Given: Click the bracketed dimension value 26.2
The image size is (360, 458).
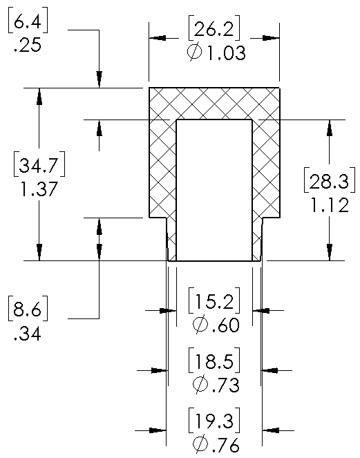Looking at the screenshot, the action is [x=214, y=28].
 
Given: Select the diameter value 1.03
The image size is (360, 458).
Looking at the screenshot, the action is [x=227, y=53].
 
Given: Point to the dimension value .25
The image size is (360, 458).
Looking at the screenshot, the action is [x=28, y=46].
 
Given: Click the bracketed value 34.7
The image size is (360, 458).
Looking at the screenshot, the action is [x=39, y=164].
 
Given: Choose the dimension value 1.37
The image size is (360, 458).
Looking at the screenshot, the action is [x=39, y=189].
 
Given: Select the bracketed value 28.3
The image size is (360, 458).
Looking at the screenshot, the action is [x=330, y=180].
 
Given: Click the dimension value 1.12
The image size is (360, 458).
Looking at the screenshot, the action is [x=330, y=204].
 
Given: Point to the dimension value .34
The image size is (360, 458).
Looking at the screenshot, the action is [x=28, y=333].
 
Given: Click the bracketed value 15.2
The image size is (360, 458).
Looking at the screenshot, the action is [x=214, y=300].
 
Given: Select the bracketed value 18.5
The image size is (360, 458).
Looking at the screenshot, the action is [x=214, y=361].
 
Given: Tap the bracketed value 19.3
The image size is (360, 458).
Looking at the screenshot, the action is [x=214, y=421].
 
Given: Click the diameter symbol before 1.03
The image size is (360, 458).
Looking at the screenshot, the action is [x=195, y=52].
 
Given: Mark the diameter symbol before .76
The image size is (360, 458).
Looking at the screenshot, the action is [x=200, y=444].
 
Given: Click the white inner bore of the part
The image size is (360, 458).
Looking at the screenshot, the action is [x=214, y=190].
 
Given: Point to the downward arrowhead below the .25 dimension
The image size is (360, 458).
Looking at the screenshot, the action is [x=100, y=79].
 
